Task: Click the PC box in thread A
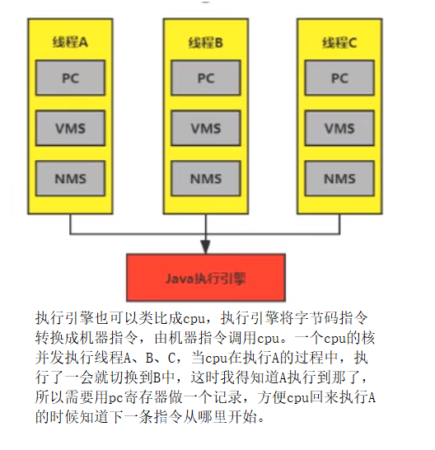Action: click(70, 77)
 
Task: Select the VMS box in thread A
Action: click(70, 128)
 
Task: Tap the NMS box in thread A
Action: click(70, 178)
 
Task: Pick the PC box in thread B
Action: click(206, 77)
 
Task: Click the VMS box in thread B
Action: click(206, 128)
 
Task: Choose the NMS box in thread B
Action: click(206, 178)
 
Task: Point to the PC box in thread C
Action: click(339, 77)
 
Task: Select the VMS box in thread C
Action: click(339, 128)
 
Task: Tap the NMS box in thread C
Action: click(339, 178)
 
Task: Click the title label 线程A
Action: click(70, 42)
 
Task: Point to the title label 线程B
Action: click(205, 43)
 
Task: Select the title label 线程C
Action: click(339, 43)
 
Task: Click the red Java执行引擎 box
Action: click(206, 278)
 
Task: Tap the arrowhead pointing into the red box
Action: click(205, 247)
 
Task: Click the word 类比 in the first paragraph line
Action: click(146, 318)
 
